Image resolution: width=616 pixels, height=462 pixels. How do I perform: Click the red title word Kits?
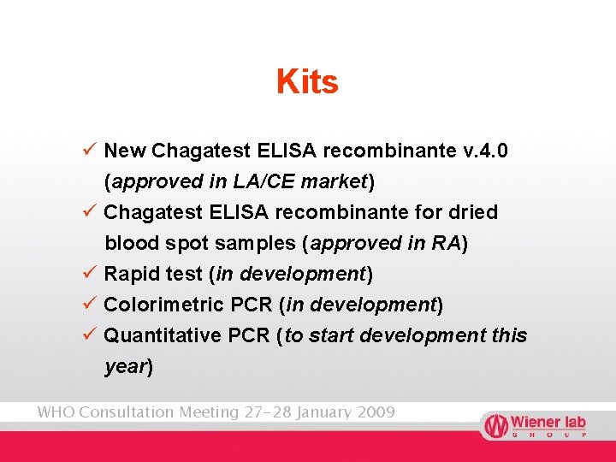(x=307, y=82)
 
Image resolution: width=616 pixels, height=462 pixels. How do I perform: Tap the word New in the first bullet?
(x=125, y=151)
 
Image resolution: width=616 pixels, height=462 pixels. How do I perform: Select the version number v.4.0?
(x=484, y=151)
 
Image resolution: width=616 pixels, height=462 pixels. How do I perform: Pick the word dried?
(x=473, y=212)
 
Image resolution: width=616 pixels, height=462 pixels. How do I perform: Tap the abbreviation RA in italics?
(x=447, y=243)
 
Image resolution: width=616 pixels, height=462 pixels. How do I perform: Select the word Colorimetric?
(x=164, y=305)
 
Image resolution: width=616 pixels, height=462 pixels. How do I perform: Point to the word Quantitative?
(x=163, y=335)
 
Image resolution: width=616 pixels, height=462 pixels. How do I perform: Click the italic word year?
(x=125, y=366)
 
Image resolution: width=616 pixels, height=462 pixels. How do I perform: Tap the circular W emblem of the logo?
(x=495, y=425)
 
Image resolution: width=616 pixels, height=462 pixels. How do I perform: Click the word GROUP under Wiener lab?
(x=548, y=435)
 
